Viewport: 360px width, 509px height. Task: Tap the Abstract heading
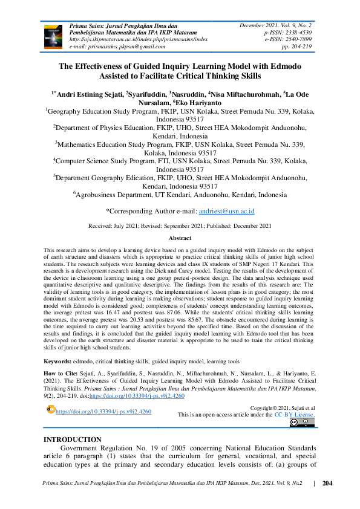180,239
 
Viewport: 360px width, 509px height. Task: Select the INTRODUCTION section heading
73,439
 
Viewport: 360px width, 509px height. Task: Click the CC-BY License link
295,415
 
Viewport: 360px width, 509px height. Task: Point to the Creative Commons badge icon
302,423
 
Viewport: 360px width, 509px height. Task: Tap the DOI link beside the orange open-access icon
103,412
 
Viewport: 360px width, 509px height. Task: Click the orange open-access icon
50,410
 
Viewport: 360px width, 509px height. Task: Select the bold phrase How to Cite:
62,375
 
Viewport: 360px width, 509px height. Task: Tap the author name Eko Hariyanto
191,103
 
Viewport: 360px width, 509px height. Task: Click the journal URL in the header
139,38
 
